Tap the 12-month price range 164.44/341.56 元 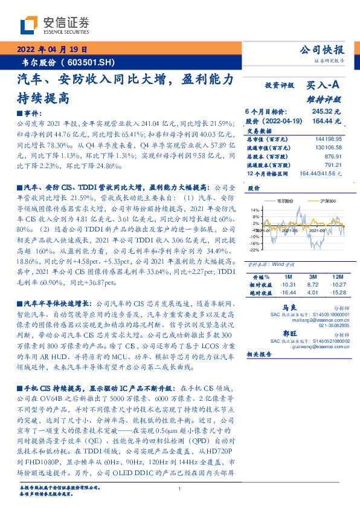pos(321,173)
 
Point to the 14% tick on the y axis pos(254,209)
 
